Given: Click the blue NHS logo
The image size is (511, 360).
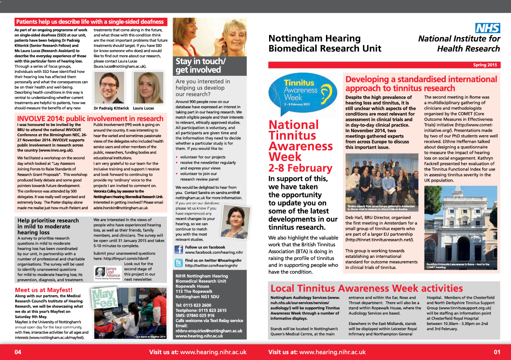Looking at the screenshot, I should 488,28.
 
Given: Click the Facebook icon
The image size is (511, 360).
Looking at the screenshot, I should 179,250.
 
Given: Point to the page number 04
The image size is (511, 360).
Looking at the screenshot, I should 18,352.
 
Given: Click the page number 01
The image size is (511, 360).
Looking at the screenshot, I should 496,352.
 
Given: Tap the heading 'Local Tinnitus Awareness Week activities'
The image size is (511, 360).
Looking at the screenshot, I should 366,288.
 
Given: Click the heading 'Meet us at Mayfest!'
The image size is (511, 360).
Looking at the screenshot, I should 44,290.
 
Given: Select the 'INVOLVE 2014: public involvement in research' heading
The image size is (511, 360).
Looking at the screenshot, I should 90,119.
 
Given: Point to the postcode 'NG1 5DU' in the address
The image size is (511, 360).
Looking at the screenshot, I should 209,297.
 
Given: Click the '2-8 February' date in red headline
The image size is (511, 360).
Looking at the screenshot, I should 300,168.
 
